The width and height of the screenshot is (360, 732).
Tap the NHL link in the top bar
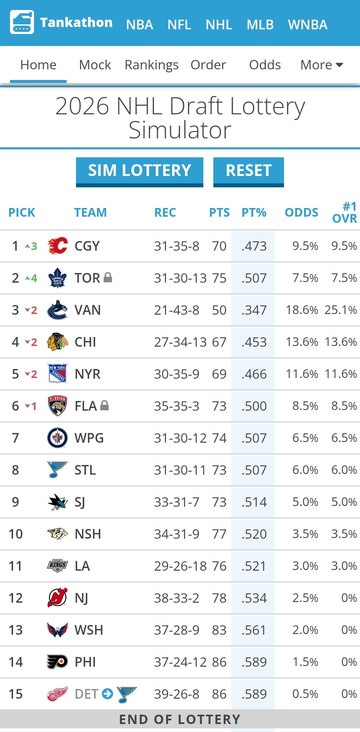pos(219,25)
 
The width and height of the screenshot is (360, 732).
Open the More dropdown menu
pos(321,65)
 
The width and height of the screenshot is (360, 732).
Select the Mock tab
pos(95,65)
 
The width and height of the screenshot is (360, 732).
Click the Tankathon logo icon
pos(22,22)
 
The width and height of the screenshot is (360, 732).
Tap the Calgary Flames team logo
pos(57,246)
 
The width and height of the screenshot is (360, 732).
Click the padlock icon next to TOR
pos(108,277)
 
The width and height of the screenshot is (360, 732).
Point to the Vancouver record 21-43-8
pos(176,310)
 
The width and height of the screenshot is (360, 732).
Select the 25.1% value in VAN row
pos(340,310)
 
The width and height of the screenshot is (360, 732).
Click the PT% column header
pos(254,212)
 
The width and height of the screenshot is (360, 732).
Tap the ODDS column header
pos(301,212)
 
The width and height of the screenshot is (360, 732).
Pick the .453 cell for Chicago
pos(254,342)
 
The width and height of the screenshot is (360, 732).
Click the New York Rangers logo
pos(57,374)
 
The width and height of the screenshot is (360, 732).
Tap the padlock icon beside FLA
pos(104,405)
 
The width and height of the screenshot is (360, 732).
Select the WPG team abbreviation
pos(89,438)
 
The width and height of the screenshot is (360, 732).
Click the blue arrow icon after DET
pos(107,694)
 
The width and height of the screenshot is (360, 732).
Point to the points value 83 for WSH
pos(219,630)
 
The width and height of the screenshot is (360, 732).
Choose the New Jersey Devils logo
pos(57,598)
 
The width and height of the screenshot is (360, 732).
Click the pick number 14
pos(15,662)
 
